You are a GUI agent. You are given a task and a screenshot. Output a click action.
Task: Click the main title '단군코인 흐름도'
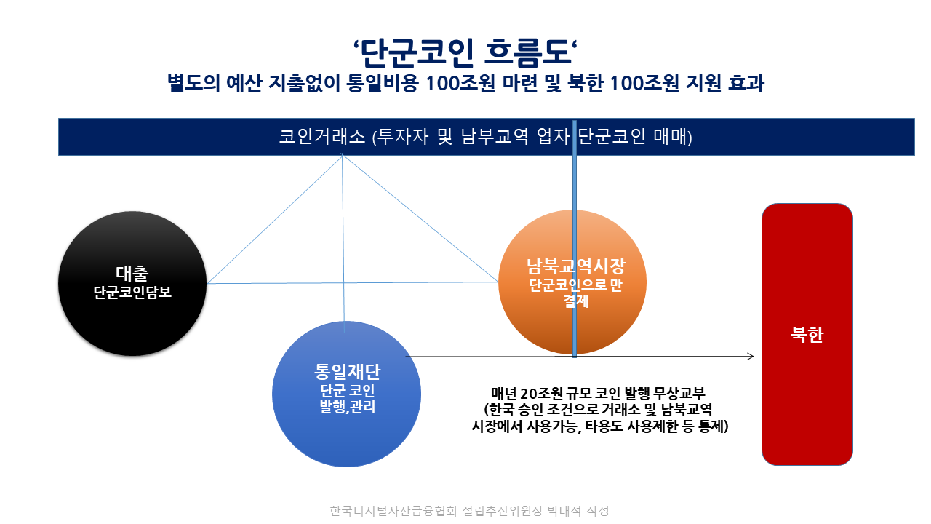click(465, 53)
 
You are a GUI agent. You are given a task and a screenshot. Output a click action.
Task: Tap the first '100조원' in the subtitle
click(460, 83)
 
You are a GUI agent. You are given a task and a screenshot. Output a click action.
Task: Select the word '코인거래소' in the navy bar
click(321, 136)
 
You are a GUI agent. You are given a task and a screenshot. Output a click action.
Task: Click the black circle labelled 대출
click(132, 283)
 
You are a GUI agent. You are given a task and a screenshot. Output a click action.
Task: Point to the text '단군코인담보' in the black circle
click(132, 292)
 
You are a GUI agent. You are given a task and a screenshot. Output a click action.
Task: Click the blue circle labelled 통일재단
click(346, 394)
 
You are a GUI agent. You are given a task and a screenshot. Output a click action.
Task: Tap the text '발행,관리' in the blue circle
click(348, 407)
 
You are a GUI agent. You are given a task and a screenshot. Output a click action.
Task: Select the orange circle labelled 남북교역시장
click(572, 282)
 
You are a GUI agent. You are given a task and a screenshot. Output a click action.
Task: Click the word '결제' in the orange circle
click(576, 301)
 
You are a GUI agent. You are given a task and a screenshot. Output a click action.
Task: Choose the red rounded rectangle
click(807, 334)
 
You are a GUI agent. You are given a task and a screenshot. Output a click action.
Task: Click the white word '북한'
click(807, 334)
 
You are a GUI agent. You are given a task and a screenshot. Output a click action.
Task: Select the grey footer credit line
click(470, 511)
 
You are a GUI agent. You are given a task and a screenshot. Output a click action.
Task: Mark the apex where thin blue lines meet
click(342, 155)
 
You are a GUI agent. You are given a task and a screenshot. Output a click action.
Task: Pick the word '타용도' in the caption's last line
click(604, 426)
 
